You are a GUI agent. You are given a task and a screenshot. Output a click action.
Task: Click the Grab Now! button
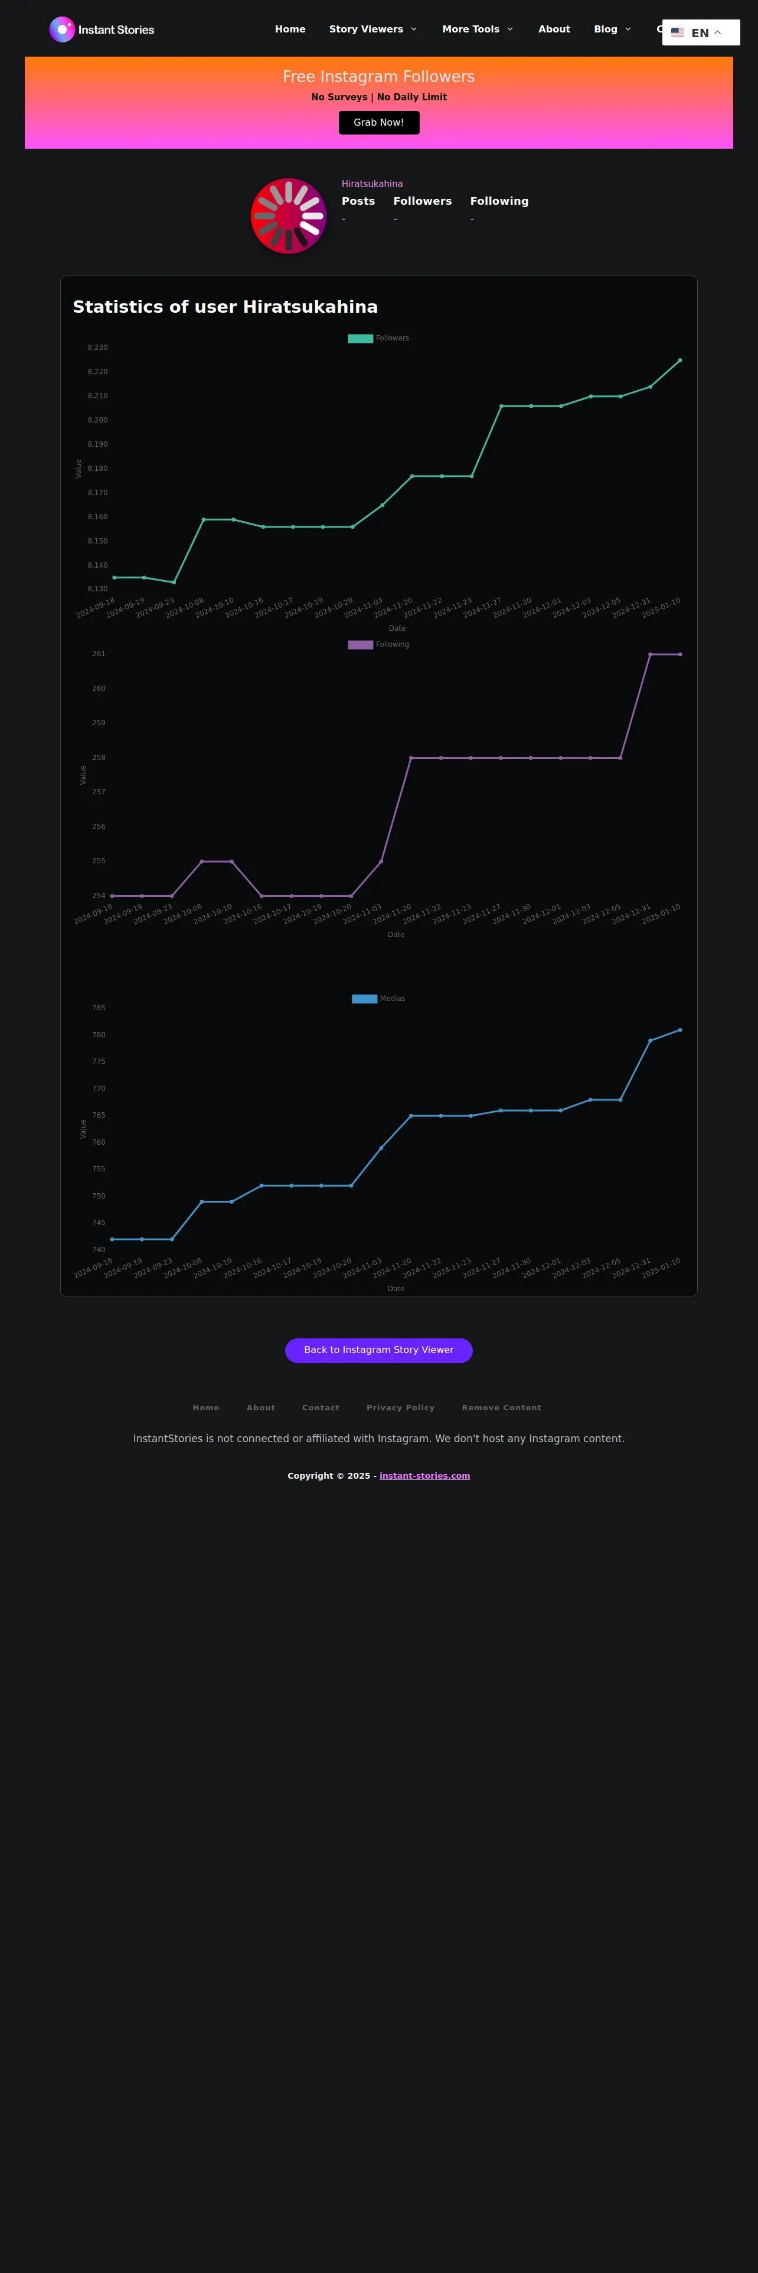378,123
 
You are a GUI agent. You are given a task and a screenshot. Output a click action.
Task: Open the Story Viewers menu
373,29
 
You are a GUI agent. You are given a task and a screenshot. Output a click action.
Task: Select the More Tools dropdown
476,29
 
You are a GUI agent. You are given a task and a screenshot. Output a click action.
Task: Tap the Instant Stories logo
102,29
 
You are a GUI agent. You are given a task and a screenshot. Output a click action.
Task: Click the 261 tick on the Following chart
99,654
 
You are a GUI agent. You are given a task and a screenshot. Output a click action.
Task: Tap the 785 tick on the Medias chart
99,1008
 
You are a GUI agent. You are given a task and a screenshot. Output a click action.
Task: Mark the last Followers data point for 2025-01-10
679,360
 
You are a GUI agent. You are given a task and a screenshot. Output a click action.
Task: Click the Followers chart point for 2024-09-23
174,582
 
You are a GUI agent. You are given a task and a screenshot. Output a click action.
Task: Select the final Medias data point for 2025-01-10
679,1030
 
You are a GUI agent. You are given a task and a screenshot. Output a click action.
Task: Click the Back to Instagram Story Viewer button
378,1350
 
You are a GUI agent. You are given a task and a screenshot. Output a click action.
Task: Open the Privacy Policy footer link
401,1407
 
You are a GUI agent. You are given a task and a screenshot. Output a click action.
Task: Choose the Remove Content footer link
501,1407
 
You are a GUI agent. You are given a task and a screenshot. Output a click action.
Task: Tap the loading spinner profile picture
289,216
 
